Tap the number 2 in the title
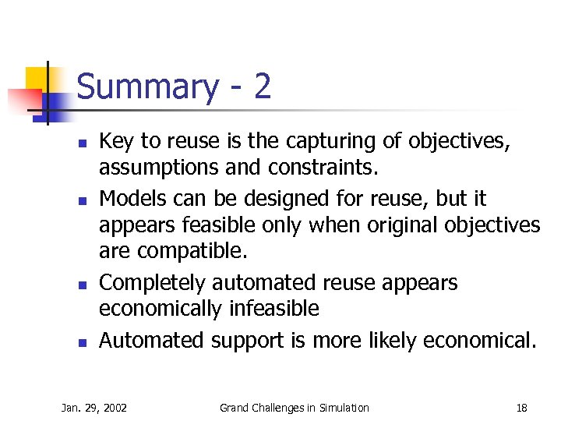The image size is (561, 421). click(262, 86)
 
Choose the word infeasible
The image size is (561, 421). click(274, 309)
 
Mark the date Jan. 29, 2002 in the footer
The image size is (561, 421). click(94, 408)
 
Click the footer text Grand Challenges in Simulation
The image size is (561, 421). click(295, 408)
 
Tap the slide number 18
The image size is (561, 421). click(521, 408)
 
